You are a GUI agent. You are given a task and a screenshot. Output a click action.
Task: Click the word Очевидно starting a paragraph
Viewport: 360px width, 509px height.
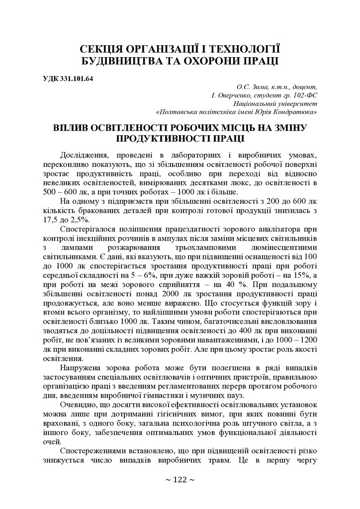pyautogui.click(x=80, y=405)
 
